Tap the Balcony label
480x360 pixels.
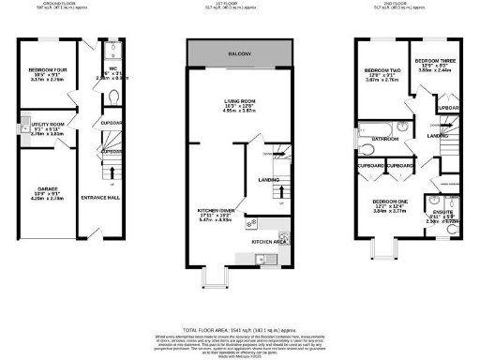[241, 54]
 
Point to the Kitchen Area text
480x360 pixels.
[269, 241]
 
